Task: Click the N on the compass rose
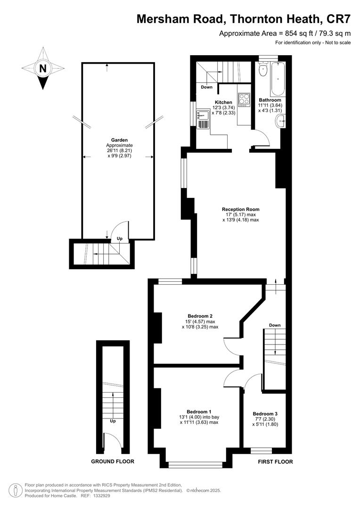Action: pyautogui.click(x=42, y=68)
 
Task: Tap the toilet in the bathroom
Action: pyautogui.click(x=263, y=68)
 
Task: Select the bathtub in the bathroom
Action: pyautogui.click(x=278, y=78)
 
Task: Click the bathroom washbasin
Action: pyautogui.click(x=280, y=122)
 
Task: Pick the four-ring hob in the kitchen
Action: pyautogui.click(x=244, y=100)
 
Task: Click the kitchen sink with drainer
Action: pyautogui.click(x=203, y=119)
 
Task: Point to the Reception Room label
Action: pyautogui.click(x=240, y=209)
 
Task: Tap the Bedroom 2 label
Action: pyautogui.click(x=200, y=316)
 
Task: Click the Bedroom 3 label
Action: pyautogui.click(x=265, y=414)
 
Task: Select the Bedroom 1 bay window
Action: pyautogui.click(x=196, y=465)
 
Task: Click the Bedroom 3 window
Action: pyautogui.click(x=262, y=451)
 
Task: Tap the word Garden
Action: pyautogui.click(x=120, y=140)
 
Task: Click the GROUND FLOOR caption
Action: pyautogui.click(x=113, y=461)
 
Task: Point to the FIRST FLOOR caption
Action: pyautogui.click(x=275, y=461)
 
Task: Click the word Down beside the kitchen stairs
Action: pyautogui.click(x=206, y=87)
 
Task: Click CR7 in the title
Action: pyautogui.click(x=338, y=19)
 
